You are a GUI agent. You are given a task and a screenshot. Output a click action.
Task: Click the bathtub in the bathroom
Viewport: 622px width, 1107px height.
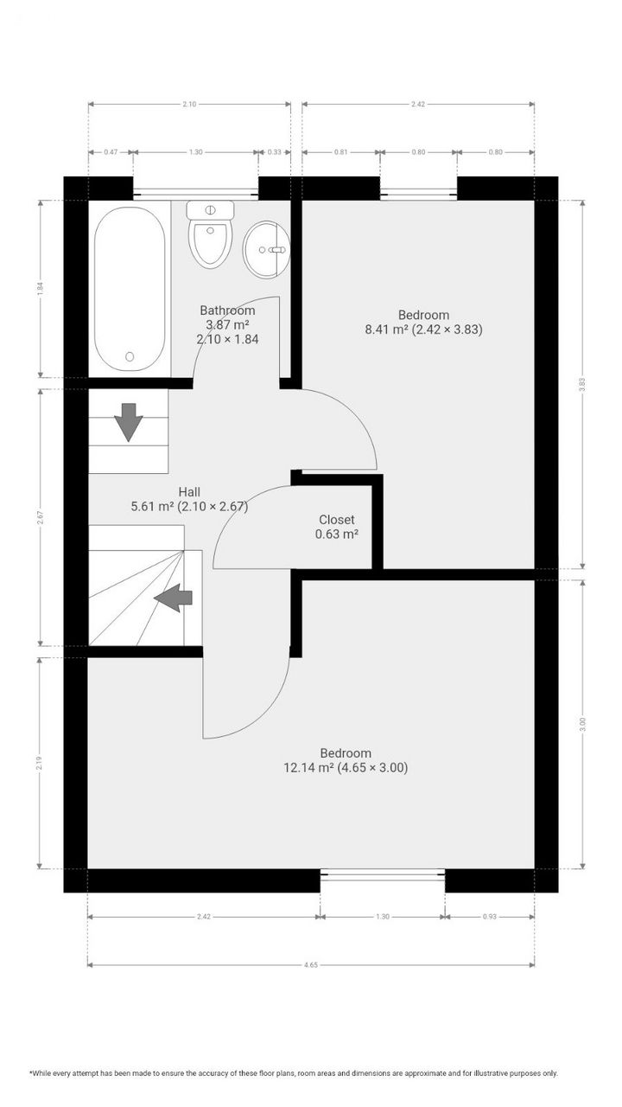point(130,288)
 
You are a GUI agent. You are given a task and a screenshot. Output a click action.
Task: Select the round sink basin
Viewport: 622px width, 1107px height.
point(266,250)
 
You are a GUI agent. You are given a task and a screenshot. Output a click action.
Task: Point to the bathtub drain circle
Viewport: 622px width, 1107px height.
point(130,355)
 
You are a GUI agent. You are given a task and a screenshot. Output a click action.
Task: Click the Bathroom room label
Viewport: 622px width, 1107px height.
point(227,310)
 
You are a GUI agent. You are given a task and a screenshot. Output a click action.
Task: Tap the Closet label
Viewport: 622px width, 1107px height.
point(337,520)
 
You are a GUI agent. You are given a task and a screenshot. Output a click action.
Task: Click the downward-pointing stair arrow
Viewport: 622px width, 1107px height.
point(129,421)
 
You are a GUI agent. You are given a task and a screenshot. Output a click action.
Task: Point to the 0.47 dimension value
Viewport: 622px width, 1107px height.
point(111,152)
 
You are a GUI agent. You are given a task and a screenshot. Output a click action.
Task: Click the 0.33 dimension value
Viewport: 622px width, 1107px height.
point(275,152)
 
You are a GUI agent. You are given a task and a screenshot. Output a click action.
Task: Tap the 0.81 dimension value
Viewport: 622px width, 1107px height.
point(340,152)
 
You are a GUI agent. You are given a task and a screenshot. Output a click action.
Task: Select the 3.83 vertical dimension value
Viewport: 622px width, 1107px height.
point(583,385)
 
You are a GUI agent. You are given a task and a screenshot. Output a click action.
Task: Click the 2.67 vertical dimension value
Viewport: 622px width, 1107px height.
point(40,517)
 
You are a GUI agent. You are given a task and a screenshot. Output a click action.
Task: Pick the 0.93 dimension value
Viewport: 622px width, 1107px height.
point(490,917)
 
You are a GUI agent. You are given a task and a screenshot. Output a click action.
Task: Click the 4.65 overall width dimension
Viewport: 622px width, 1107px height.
point(311,964)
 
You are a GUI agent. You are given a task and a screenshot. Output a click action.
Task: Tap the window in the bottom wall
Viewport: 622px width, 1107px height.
point(383,875)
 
